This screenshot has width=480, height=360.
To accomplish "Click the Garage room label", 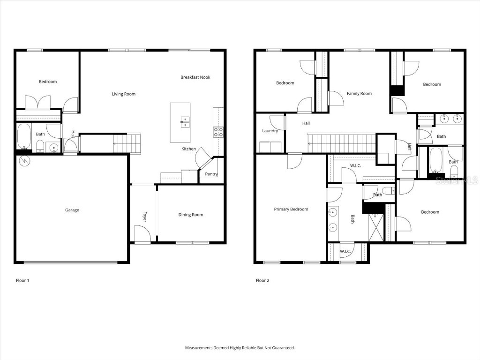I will pos(72,210).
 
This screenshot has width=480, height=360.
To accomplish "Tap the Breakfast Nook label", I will pos(195,77).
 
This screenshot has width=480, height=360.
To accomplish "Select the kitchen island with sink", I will pos(180,122).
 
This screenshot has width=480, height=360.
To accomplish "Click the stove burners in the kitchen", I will pos(218,132).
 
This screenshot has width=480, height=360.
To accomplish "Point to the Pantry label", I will pos(211,174).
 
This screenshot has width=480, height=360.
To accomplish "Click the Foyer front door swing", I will pos(142,233).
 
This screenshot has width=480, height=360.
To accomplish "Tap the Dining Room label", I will pos(191,215).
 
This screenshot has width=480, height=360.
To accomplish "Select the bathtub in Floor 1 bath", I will pos(23,136).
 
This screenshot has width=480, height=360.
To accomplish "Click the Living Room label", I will pos(123,94).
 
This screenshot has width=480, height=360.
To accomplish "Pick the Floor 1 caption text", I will pos(22,280).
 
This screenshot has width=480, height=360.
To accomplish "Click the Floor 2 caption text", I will pos(262,280).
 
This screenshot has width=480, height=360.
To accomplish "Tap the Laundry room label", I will pos(270,131).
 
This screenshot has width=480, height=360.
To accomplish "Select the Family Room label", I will pos(359,94).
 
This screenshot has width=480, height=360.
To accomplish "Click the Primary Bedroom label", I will pos(291,209).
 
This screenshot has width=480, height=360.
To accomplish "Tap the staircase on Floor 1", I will pos(127,142).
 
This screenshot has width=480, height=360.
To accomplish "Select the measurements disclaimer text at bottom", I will pos(240,348).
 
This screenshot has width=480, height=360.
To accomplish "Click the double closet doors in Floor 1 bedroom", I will pos(37,103).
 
